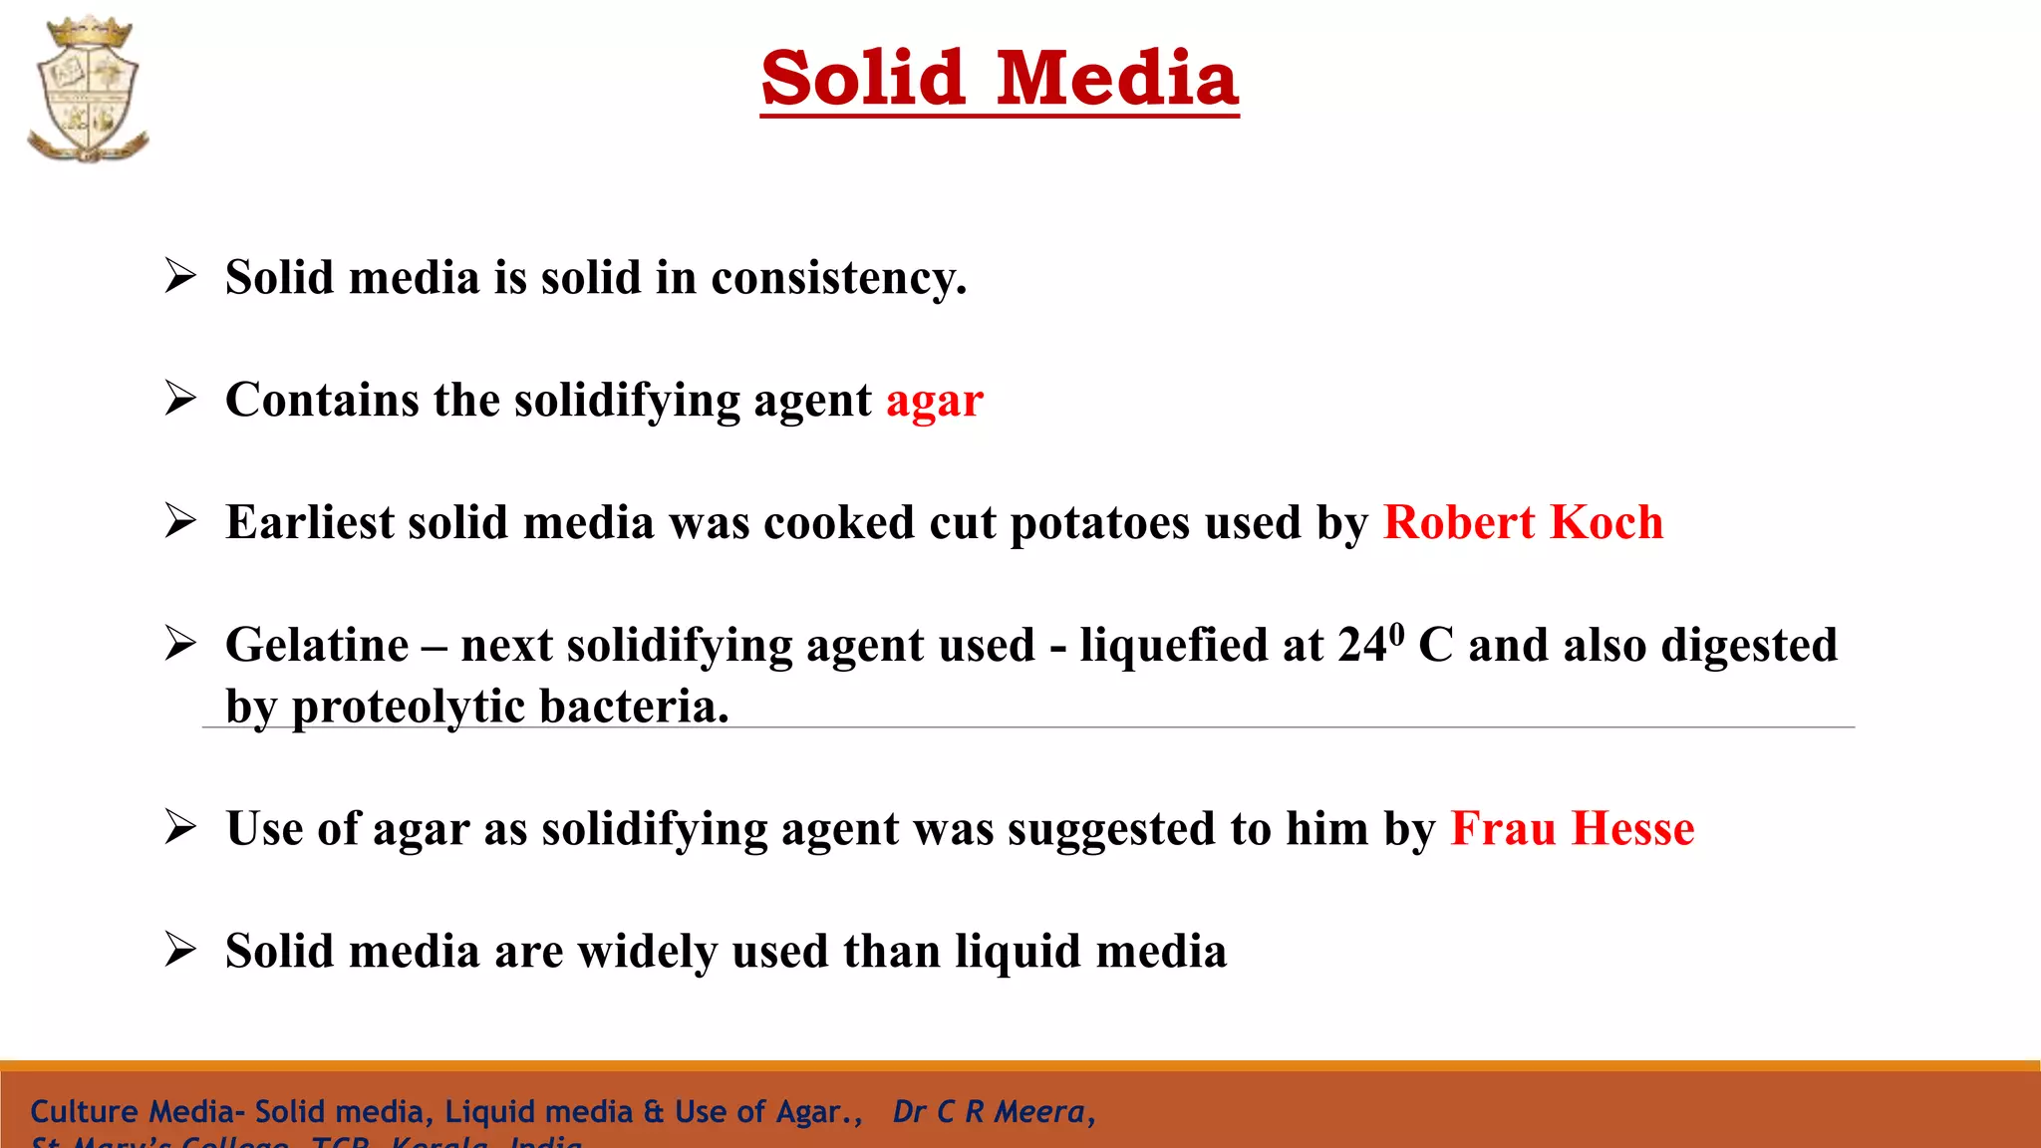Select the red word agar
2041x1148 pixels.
935,401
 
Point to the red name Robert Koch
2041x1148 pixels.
1523,522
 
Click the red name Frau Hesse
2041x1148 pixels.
1572,828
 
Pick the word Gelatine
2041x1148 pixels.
317,645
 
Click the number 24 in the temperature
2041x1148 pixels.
1361,645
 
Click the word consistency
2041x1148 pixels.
838,277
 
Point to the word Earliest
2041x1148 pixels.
309,522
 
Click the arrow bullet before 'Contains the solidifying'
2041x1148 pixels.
180,398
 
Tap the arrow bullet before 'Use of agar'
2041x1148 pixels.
180,826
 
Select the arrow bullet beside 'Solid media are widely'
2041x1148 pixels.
180,949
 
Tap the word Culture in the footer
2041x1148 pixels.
85,1111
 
